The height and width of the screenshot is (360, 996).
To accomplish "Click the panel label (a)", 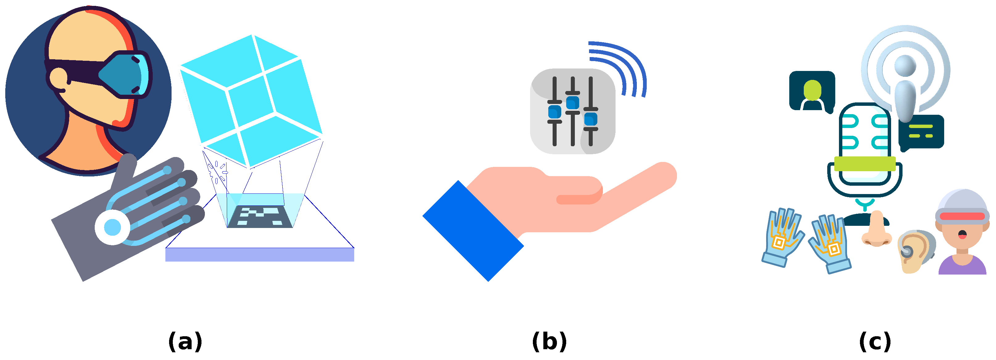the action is click(185, 341).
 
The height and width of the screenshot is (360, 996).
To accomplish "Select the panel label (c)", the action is click(875, 341).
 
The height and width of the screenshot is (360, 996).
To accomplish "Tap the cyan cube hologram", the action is click(251, 101).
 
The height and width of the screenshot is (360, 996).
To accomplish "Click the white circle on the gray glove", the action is click(113, 227).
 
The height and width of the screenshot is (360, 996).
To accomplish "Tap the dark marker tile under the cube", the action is click(259, 217).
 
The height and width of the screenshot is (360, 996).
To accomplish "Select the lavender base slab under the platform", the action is click(259, 255).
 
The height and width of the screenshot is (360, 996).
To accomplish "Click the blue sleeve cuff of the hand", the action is click(472, 231).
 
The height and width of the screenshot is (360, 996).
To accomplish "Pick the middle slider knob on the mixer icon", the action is click(572, 103).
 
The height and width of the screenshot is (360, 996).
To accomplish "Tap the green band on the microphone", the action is click(865, 163).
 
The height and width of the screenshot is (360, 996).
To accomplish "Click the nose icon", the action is click(876, 230).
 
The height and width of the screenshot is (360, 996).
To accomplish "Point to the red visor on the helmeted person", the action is click(962, 216).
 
